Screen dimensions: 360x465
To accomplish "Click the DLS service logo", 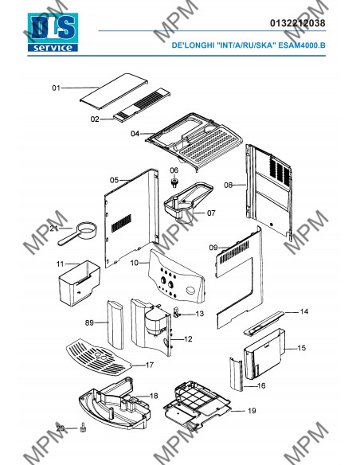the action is tap(53, 33).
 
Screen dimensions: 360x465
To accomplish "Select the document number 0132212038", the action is tap(297, 23).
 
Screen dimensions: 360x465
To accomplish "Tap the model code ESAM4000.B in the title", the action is tap(302, 45).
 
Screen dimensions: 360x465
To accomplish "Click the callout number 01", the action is tap(56, 88).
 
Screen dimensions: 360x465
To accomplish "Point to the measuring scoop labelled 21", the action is tap(78, 233).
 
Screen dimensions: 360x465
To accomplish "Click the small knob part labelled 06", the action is tap(174, 182).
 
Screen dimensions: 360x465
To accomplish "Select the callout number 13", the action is tap(200, 314).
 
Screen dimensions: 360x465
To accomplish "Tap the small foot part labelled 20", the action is tap(83, 428).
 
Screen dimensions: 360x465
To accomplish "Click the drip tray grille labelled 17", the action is tap(98, 358).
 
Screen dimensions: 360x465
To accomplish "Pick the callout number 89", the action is tap(89, 322).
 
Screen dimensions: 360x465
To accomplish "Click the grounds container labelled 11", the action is tap(79, 283).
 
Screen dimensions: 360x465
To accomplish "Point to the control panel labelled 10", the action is tap(176, 276).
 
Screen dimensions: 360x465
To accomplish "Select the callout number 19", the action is tap(252, 411).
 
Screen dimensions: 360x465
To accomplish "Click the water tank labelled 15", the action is tap(264, 354).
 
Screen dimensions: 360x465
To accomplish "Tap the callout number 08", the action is tap(228, 186).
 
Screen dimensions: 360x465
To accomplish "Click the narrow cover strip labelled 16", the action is tap(236, 374).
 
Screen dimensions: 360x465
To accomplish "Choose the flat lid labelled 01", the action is tap(114, 91).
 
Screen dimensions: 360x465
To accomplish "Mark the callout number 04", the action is tap(135, 134).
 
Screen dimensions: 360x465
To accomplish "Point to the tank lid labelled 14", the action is tap(264, 323).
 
